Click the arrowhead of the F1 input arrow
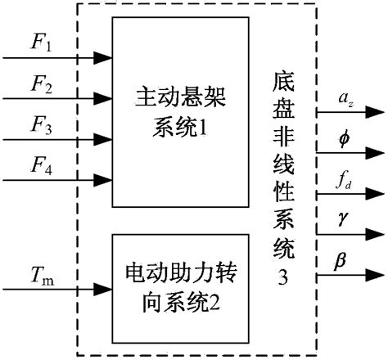click(104, 58)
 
